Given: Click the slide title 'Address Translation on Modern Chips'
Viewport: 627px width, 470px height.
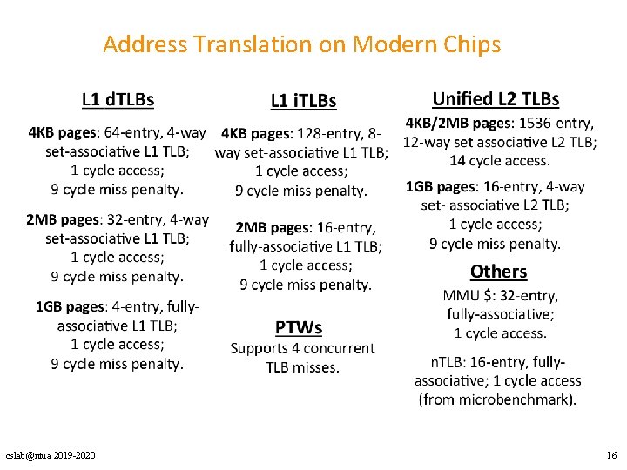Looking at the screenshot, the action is point(301,44).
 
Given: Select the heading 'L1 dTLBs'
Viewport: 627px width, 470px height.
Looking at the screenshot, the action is point(118,99).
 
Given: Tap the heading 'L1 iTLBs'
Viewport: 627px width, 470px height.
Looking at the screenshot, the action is point(303,101).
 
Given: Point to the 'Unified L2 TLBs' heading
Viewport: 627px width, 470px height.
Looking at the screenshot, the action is point(496,99).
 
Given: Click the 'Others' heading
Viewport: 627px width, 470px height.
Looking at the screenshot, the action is point(498,272).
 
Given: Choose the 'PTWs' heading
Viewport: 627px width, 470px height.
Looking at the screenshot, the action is point(299,327).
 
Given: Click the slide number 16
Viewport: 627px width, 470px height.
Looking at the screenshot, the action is point(610,456).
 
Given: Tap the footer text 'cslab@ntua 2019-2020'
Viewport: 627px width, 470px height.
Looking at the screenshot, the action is point(51,456).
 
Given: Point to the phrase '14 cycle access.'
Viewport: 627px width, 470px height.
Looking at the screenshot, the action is point(499,160).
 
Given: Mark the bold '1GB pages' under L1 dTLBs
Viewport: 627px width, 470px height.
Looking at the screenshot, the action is point(69,306).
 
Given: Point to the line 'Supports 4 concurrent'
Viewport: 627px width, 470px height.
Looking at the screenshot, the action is point(302,348).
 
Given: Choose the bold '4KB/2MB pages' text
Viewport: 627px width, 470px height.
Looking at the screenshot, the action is point(460,124).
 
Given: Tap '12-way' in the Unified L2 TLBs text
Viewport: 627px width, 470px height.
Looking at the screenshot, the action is point(425,142).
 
